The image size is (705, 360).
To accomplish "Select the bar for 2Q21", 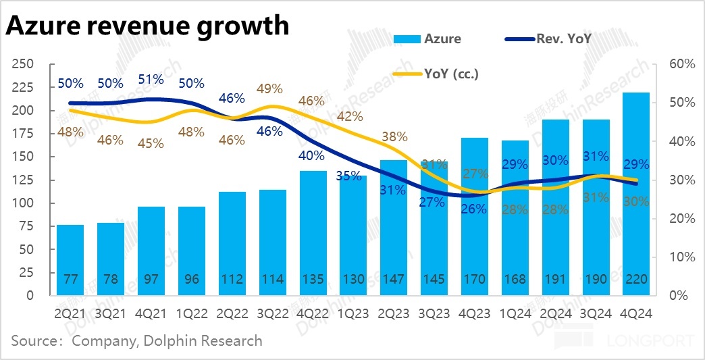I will (x=70, y=260).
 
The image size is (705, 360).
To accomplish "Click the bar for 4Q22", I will (x=313, y=233).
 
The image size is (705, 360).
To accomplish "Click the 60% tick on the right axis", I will (x=682, y=64).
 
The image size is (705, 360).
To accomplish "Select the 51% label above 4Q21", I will (x=151, y=79).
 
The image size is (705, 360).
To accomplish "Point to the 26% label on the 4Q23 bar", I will (x=474, y=209).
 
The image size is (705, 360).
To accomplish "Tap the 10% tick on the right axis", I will (x=682, y=257).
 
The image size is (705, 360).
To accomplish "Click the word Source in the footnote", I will (x=33, y=340).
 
